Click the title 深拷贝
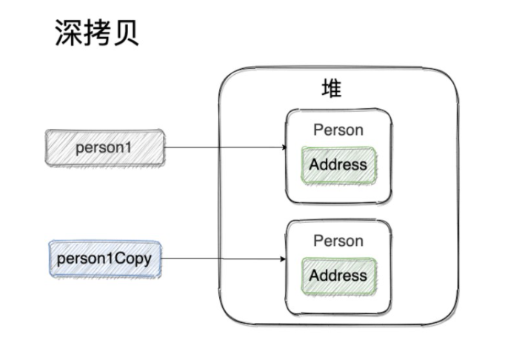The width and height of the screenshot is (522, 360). click(x=96, y=33)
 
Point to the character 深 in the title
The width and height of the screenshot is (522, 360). click(x=68, y=33)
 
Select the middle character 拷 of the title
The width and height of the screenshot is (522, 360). click(x=97, y=33)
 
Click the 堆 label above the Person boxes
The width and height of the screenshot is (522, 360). click(x=331, y=89)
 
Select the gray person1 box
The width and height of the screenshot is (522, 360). click(x=104, y=147)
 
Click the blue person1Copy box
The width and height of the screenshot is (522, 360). click(x=105, y=259)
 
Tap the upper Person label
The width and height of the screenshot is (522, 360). click(x=338, y=130)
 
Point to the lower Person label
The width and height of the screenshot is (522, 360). click(x=338, y=241)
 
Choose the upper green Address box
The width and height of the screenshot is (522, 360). click(x=338, y=164)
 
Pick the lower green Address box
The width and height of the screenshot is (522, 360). click(x=338, y=276)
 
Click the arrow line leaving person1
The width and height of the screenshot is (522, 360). click(x=222, y=147)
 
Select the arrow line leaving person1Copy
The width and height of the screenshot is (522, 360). click(x=222, y=259)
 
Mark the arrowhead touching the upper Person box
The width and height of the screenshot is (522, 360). click(x=284, y=147)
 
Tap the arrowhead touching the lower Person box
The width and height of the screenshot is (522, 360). click(x=284, y=259)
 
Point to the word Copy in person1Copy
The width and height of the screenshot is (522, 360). click(x=138, y=259)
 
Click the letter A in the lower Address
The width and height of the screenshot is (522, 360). click(x=314, y=276)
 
